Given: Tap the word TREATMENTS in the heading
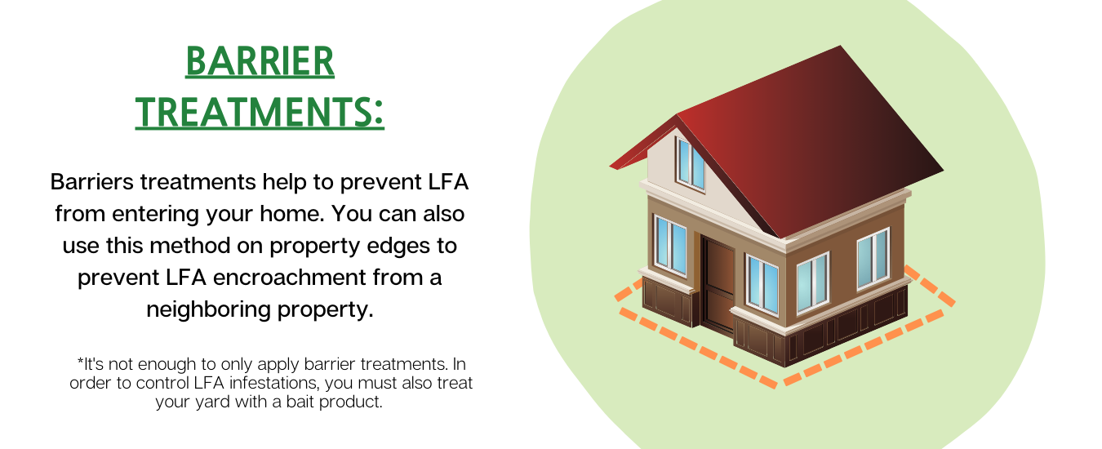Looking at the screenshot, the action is pyautogui.click(x=251, y=112).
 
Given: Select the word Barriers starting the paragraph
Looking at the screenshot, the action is pyautogui.click(x=91, y=182).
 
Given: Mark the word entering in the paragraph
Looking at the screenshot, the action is pyautogui.click(x=154, y=215).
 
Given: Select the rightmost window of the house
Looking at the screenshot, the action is pyautogui.click(x=873, y=258).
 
